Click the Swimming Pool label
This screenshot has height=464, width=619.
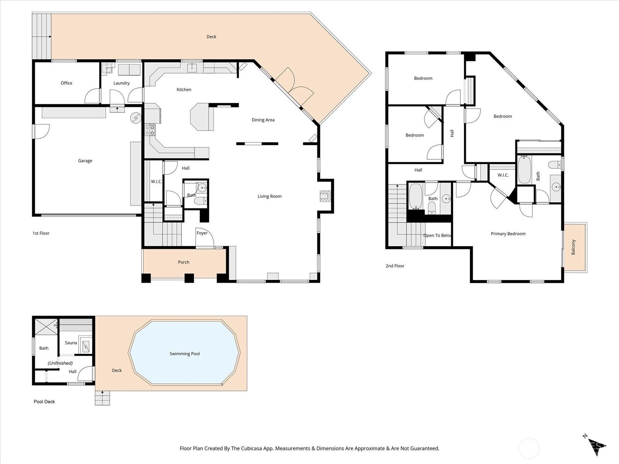[x=185, y=353]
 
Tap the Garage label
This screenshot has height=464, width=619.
[x=85, y=160]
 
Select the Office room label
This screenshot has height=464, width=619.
[x=66, y=83]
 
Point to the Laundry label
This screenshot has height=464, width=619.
[x=121, y=83]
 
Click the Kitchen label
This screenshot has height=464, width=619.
[x=184, y=90]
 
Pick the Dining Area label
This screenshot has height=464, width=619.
[x=263, y=120]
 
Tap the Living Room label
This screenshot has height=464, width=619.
[x=269, y=196]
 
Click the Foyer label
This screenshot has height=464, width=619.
[x=202, y=233]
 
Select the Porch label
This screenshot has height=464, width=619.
[x=183, y=262]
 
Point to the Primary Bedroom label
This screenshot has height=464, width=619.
[x=508, y=234]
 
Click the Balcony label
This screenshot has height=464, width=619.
[x=573, y=247]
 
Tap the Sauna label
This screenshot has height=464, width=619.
[x=71, y=343]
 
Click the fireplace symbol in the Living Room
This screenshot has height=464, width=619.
[x=325, y=196]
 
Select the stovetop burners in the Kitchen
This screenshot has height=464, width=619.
[x=150, y=130]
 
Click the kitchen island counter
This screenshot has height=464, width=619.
[x=202, y=117]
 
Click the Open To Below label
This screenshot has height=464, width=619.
[x=438, y=235]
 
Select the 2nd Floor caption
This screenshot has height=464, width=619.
[x=395, y=266]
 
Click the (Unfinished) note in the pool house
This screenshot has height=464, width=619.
[x=60, y=363]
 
